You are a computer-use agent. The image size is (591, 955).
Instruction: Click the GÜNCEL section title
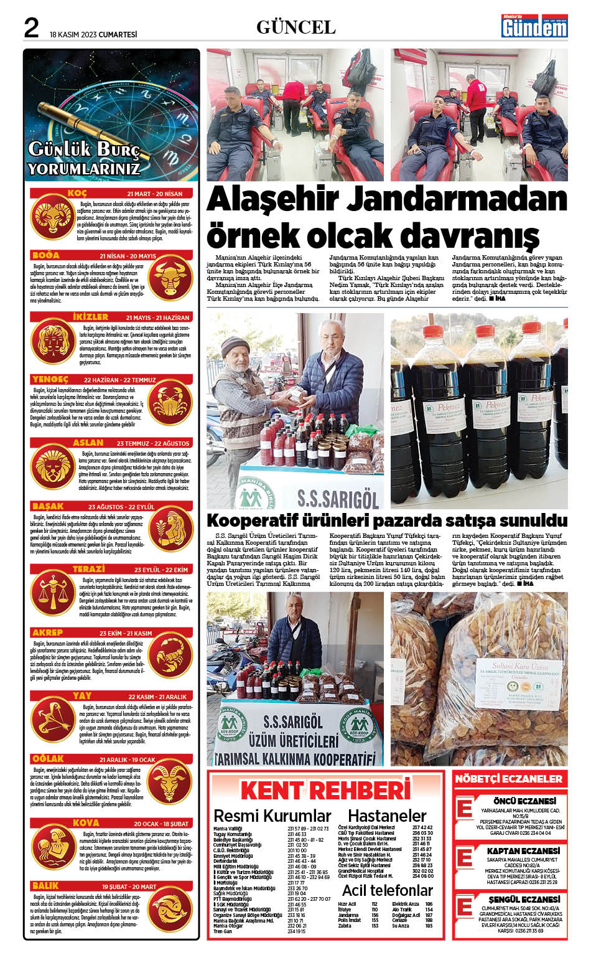pyautogui.click(x=295, y=28)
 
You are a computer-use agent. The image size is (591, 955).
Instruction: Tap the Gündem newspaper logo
pyautogui.click(x=535, y=27)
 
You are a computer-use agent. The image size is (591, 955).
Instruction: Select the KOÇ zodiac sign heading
pyautogui.click(x=77, y=194)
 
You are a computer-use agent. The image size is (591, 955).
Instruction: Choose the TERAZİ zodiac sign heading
pyautogui.click(x=88, y=570)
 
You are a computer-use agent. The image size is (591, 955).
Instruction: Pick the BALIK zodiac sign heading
pyautogui.click(x=46, y=885)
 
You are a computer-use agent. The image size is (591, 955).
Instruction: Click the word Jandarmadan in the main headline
pyautogui.click(x=457, y=199)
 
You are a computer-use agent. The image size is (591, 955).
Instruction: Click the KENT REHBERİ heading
pyautogui.click(x=325, y=791)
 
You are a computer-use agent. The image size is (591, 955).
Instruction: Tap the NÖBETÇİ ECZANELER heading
pyautogui.click(x=508, y=779)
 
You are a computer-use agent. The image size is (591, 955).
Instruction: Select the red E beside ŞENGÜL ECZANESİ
pyautogui.click(x=465, y=907)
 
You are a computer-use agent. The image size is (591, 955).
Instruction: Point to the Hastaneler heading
pyautogui.click(x=387, y=816)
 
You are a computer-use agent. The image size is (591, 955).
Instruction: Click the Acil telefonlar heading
pyautogui.click(x=387, y=890)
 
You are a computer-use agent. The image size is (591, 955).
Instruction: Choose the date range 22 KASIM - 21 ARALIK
pyautogui.click(x=157, y=697)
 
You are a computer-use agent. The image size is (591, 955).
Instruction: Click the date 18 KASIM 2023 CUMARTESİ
pyautogui.click(x=93, y=35)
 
